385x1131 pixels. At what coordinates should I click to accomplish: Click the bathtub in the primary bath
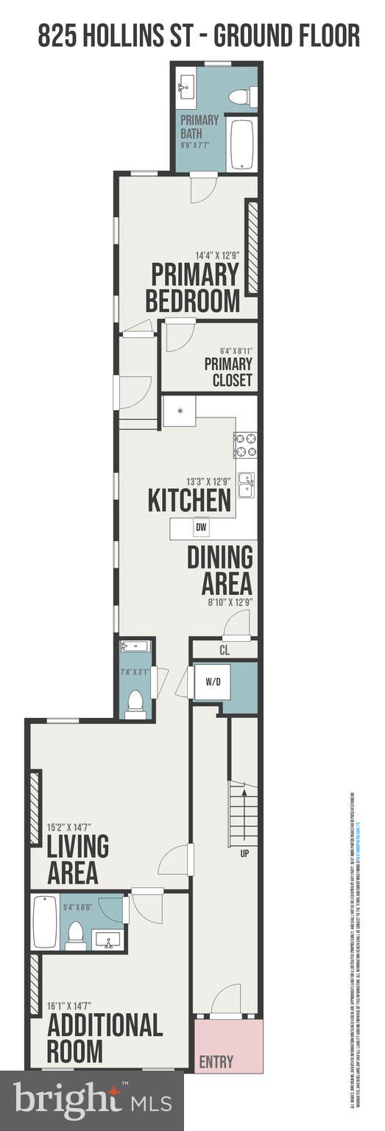pyautogui.click(x=241, y=144)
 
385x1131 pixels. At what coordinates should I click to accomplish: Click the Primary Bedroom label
pyautogui.click(x=193, y=288)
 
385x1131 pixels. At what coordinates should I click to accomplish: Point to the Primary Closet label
pyautogui.click(x=228, y=373)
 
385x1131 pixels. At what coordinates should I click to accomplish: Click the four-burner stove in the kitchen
pyautogui.click(x=245, y=445)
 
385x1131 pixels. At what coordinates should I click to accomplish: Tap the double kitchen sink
pyautogui.click(x=246, y=485)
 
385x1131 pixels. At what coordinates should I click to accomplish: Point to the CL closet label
pyautogui.click(x=225, y=650)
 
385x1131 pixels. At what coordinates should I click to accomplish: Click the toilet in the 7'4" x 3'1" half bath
pyautogui.click(x=135, y=703)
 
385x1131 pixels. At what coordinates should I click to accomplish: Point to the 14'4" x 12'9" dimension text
pyautogui.click(x=217, y=256)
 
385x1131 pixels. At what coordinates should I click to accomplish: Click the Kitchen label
pyautogui.click(x=189, y=500)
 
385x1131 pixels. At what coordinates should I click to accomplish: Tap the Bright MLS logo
pyautogui.click(x=91, y=1101)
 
